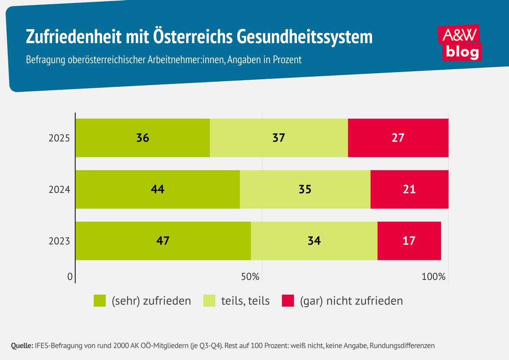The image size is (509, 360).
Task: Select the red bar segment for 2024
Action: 409,189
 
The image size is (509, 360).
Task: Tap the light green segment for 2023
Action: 314,241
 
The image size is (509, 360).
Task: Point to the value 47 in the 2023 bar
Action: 163,241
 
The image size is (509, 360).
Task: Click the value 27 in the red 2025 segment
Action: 398,138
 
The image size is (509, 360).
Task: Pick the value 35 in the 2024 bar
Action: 305,189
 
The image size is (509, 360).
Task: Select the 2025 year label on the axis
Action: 59,138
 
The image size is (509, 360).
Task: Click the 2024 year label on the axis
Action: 59,190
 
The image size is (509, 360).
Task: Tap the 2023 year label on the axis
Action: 59,241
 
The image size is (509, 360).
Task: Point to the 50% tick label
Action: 250,277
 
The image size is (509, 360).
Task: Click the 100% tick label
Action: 433,277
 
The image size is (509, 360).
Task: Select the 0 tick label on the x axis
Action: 70,277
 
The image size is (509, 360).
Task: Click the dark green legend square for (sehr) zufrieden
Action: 99,301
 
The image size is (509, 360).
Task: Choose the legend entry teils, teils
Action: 245,301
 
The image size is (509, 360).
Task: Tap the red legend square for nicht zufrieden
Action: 288,301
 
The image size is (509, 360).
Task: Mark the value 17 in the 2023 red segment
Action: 409,241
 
